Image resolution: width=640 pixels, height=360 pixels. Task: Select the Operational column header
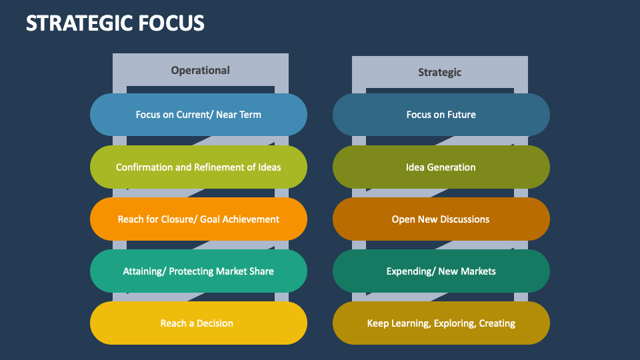[200, 70]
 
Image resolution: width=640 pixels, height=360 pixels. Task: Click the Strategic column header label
[439, 72]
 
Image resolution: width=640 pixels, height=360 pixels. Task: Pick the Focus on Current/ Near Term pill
[198, 115]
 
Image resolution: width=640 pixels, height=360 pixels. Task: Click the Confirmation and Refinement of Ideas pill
[198, 167]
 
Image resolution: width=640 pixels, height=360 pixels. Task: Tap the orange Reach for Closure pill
[198, 219]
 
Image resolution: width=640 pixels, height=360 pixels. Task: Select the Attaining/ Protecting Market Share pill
[198, 271]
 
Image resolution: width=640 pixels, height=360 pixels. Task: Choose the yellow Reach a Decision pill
[198, 323]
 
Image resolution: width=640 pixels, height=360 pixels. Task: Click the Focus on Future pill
[441, 115]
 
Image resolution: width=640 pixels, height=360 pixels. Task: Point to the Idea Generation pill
[441, 167]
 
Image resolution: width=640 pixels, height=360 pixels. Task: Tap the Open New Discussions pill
[441, 219]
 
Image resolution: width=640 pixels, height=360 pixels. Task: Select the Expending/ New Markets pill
[441, 271]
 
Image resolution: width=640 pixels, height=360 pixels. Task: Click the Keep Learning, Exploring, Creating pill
[441, 323]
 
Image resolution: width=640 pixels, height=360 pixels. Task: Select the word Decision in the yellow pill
[216, 323]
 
